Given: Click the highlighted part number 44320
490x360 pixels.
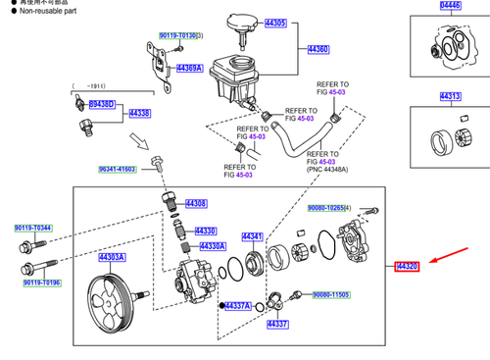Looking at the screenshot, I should pos(408,267).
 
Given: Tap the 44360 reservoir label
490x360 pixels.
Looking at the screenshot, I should pos(318,48).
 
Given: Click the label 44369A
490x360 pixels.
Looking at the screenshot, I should pos(188,68).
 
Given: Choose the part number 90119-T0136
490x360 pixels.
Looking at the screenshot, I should pos(177,35).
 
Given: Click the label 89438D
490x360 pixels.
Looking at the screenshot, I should pos(102,104).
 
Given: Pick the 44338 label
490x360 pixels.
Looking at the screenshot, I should pos(139,114).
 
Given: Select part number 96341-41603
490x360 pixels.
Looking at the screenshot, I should pos(117,170).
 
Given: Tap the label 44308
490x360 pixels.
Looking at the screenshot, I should pos(196,203).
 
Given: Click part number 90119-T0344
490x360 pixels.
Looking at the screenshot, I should pos(33,229).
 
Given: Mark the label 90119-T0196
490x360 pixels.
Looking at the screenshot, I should pos(41,283).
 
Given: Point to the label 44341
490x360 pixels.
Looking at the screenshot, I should pos(253,236).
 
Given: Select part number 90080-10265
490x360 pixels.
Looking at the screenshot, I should pos(329,208).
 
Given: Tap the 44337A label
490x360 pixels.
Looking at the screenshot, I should pos(238,306).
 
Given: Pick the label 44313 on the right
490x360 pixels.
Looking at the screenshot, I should pos(451,96).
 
